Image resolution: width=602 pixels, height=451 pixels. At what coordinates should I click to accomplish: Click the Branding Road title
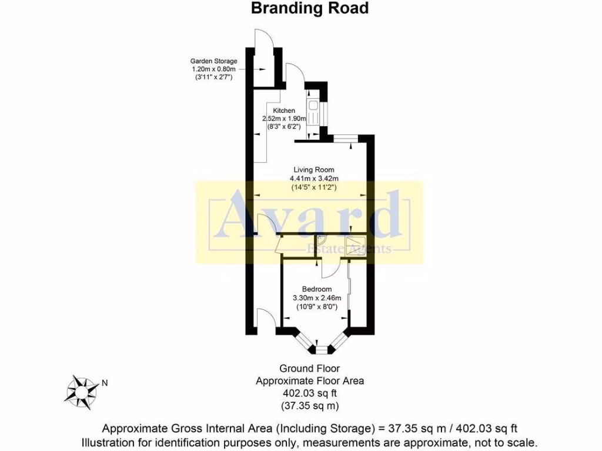pyautogui.click(x=310, y=8)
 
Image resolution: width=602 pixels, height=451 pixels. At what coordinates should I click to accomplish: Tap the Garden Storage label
pyautogui.click(x=214, y=61)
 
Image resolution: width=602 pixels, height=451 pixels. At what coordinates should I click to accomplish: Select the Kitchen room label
pyautogui.click(x=284, y=110)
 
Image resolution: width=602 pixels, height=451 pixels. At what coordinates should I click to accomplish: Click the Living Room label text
pyautogui.click(x=314, y=170)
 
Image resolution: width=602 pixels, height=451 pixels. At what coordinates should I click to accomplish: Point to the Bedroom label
pyautogui.click(x=317, y=289)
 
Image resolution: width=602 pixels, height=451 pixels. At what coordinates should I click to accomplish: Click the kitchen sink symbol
pyautogui.click(x=312, y=105)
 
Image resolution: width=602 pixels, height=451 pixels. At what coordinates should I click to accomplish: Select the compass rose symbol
pyautogui.click(x=81, y=392)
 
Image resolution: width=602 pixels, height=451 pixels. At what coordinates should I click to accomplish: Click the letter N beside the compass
pyautogui.click(x=105, y=383)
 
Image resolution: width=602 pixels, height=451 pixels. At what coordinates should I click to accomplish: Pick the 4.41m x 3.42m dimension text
pyautogui.click(x=314, y=179)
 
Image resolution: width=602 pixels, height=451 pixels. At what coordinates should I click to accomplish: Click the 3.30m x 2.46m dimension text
pyautogui.click(x=317, y=298)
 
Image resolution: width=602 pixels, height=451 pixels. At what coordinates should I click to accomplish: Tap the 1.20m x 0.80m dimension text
pyautogui.click(x=214, y=69)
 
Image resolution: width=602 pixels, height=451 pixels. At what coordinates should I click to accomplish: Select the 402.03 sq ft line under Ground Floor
pyautogui.click(x=310, y=393)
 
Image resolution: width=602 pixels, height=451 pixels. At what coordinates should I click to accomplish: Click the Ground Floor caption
pyautogui.click(x=310, y=369)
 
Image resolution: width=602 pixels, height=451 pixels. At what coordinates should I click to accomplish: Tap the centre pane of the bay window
pyautogui.click(x=322, y=350)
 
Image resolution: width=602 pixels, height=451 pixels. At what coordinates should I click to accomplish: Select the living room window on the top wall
pyautogui.click(x=346, y=139)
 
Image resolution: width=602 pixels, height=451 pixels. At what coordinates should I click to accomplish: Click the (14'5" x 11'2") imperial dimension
pyautogui.click(x=314, y=187)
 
